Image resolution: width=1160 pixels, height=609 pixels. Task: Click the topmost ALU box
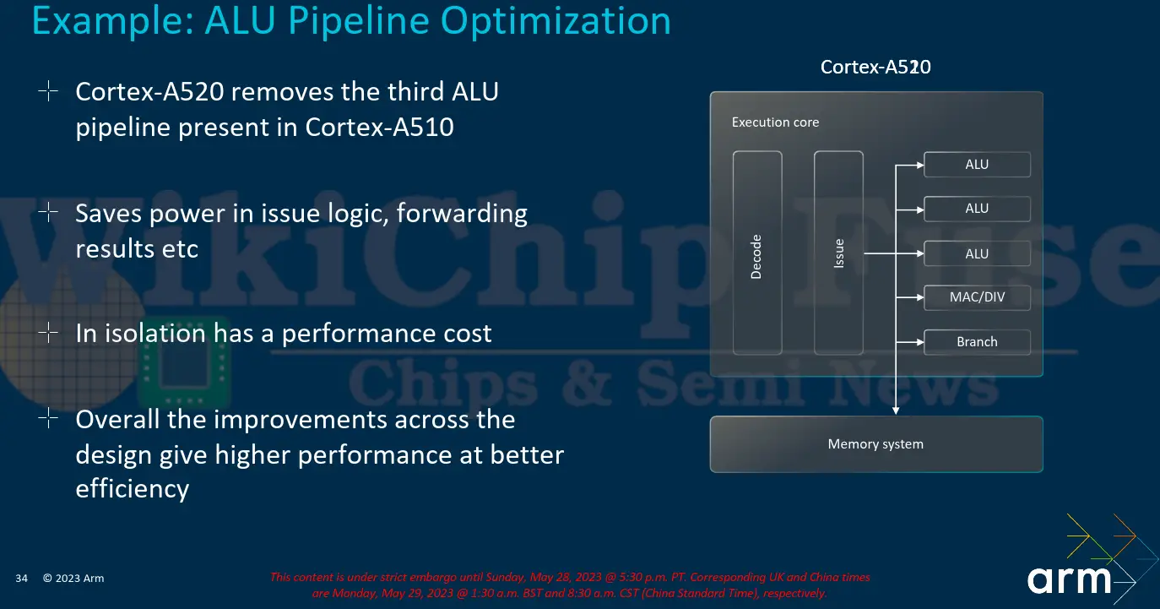click(977, 165)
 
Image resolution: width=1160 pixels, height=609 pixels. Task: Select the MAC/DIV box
click(977, 297)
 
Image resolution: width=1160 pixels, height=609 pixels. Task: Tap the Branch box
click(977, 342)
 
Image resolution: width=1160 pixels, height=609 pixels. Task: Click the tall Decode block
click(757, 253)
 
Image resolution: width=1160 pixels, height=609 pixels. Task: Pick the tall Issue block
click(838, 253)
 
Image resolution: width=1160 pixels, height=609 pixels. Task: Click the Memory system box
click(876, 444)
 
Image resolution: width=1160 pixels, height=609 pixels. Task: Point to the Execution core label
click(775, 122)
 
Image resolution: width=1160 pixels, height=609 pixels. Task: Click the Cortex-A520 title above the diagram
click(875, 67)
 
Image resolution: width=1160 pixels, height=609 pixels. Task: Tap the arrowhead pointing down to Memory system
click(896, 411)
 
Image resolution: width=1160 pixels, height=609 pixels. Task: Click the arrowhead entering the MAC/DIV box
click(920, 297)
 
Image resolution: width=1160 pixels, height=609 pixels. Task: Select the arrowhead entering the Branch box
click(920, 342)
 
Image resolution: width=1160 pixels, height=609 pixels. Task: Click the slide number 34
click(21, 578)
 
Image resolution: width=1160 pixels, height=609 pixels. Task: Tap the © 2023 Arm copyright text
click(73, 578)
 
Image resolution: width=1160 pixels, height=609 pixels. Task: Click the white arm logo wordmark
click(1070, 580)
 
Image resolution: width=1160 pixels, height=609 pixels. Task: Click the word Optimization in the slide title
click(556, 21)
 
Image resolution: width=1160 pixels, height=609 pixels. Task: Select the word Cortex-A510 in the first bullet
click(380, 127)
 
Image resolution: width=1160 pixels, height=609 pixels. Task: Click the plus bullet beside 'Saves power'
click(48, 212)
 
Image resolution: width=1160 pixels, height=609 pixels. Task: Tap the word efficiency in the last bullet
click(133, 489)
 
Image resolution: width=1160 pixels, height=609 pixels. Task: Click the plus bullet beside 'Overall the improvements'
click(48, 418)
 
